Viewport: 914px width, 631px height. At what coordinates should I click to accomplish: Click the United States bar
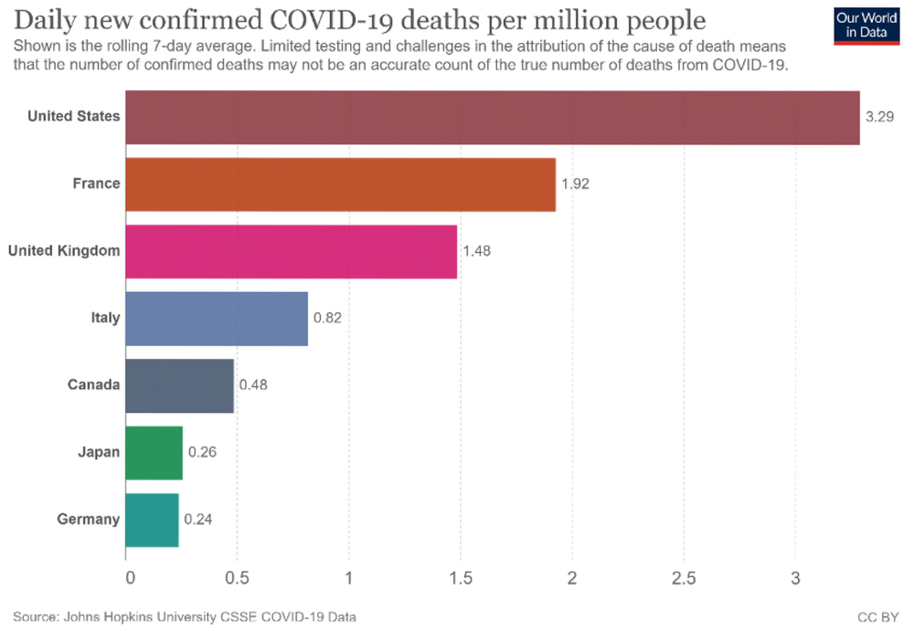tap(492, 118)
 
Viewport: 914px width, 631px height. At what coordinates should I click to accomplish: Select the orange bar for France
tap(340, 184)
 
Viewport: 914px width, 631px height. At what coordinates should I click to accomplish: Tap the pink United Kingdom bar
tap(291, 251)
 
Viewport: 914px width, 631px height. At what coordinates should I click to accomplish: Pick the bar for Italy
tap(217, 319)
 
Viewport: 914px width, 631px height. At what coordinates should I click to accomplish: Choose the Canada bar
tap(179, 385)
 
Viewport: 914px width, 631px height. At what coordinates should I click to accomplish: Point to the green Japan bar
tap(154, 452)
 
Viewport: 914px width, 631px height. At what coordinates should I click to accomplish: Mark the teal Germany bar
tap(152, 520)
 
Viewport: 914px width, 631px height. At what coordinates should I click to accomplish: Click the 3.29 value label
tap(879, 118)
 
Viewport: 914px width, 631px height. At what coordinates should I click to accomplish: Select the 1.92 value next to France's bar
tap(575, 184)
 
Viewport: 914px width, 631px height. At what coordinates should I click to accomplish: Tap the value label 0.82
tap(327, 319)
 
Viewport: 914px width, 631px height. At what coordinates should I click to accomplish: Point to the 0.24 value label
tap(198, 520)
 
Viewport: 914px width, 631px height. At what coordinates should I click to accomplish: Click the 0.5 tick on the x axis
tap(237, 578)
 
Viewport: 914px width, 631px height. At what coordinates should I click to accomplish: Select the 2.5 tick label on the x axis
tap(684, 578)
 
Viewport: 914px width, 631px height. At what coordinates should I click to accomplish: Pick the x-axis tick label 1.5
tap(460, 578)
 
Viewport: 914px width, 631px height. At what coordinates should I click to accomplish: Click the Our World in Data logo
tap(866, 25)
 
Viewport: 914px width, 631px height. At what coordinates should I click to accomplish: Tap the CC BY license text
tap(877, 617)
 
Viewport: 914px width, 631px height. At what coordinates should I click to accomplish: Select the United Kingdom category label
tap(64, 251)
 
